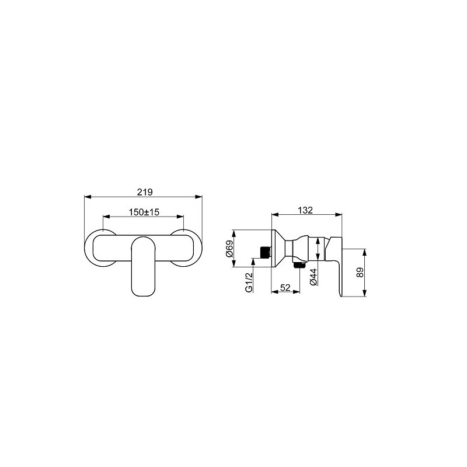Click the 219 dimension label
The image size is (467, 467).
pyautogui.click(x=145, y=192)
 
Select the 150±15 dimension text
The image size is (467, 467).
pyautogui.click(x=144, y=212)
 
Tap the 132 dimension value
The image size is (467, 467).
pyautogui.click(x=305, y=210)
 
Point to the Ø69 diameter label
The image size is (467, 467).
pyautogui.click(x=229, y=249)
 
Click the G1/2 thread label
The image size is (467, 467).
pyautogui.click(x=249, y=282)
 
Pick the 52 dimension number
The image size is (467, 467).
pyautogui.click(x=285, y=288)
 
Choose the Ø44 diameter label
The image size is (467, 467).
pyautogui.click(x=313, y=277)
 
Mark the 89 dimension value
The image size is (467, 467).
pyautogui.click(x=360, y=273)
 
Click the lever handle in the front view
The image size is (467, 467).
pyautogui.click(x=144, y=266)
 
